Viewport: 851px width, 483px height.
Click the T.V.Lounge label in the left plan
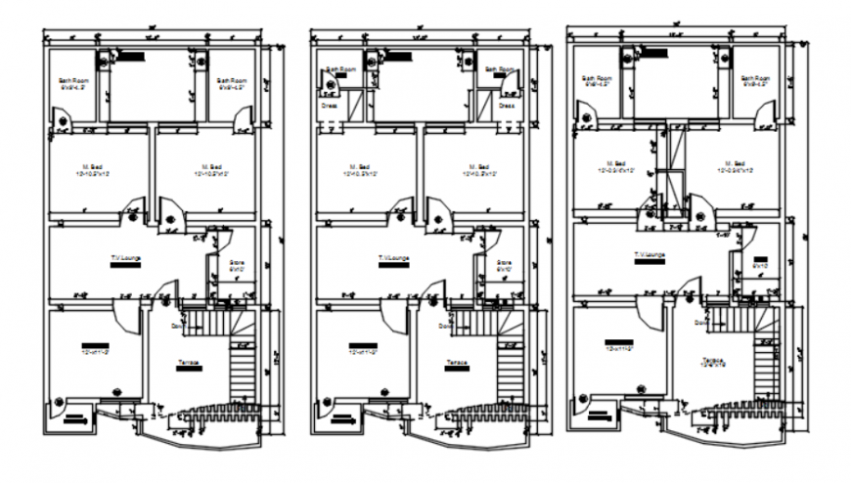pyautogui.click(x=127, y=258)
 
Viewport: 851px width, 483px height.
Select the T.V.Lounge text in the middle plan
pyautogui.click(x=395, y=258)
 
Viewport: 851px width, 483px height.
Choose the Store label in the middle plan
pyautogui.click(x=504, y=262)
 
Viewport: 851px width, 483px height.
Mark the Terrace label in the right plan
pyautogui.click(x=714, y=360)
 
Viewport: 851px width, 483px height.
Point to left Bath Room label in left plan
pyautogui.click(x=71, y=79)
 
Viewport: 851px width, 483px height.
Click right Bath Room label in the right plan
pyautogui.click(x=754, y=77)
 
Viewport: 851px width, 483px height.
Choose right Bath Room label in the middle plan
pyautogui.click(x=502, y=69)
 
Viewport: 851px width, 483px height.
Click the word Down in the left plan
pyautogui.click(x=178, y=325)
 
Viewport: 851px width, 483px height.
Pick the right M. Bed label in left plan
pyautogui.click(x=205, y=166)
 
